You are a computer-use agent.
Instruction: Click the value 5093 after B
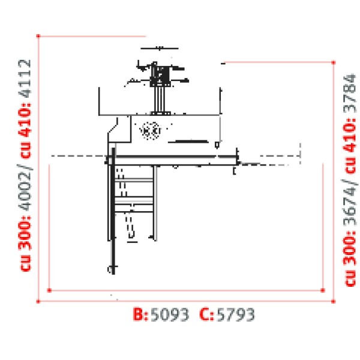170,314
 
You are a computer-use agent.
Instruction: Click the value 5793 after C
236,314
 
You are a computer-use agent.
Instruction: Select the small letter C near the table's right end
234,172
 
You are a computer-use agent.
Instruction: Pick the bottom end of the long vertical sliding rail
110,269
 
